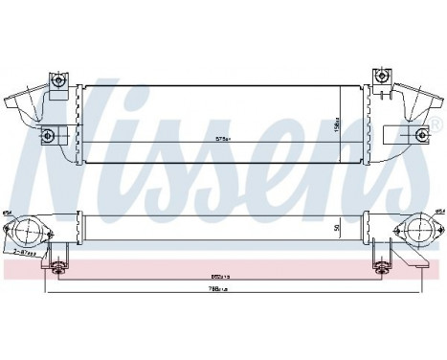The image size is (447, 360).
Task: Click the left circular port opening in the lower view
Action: (x=29, y=231)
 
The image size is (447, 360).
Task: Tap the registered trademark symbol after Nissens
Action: (x=436, y=125)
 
